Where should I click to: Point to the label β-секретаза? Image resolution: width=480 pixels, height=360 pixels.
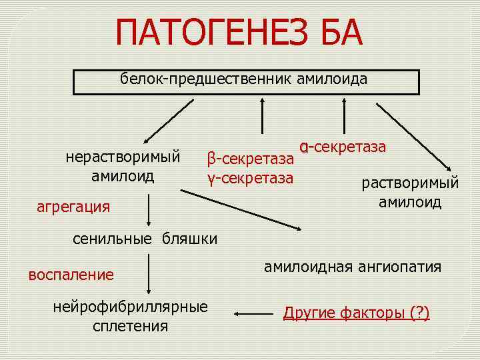tap(250, 159)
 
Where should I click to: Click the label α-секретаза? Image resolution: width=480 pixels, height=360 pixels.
tap(343, 146)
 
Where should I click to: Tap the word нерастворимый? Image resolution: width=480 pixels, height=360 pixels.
tap(123, 157)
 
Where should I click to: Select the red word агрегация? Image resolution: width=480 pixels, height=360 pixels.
tap(73, 206)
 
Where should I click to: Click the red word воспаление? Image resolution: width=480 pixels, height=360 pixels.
tap(71, 274)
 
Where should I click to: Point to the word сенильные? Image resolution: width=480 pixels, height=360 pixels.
tap(112, 239)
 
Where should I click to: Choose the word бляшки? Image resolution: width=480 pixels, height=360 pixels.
tap(190, 239)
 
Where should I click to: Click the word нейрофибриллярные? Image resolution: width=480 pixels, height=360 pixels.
tap(131, 307)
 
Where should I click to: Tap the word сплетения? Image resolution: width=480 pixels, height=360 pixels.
tap(131, 326)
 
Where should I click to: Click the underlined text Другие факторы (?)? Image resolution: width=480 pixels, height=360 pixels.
tap(357, 312)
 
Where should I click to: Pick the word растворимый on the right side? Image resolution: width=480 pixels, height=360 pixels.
tap(410, 183)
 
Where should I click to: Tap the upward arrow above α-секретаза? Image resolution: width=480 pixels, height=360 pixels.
tap(344, 117)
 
